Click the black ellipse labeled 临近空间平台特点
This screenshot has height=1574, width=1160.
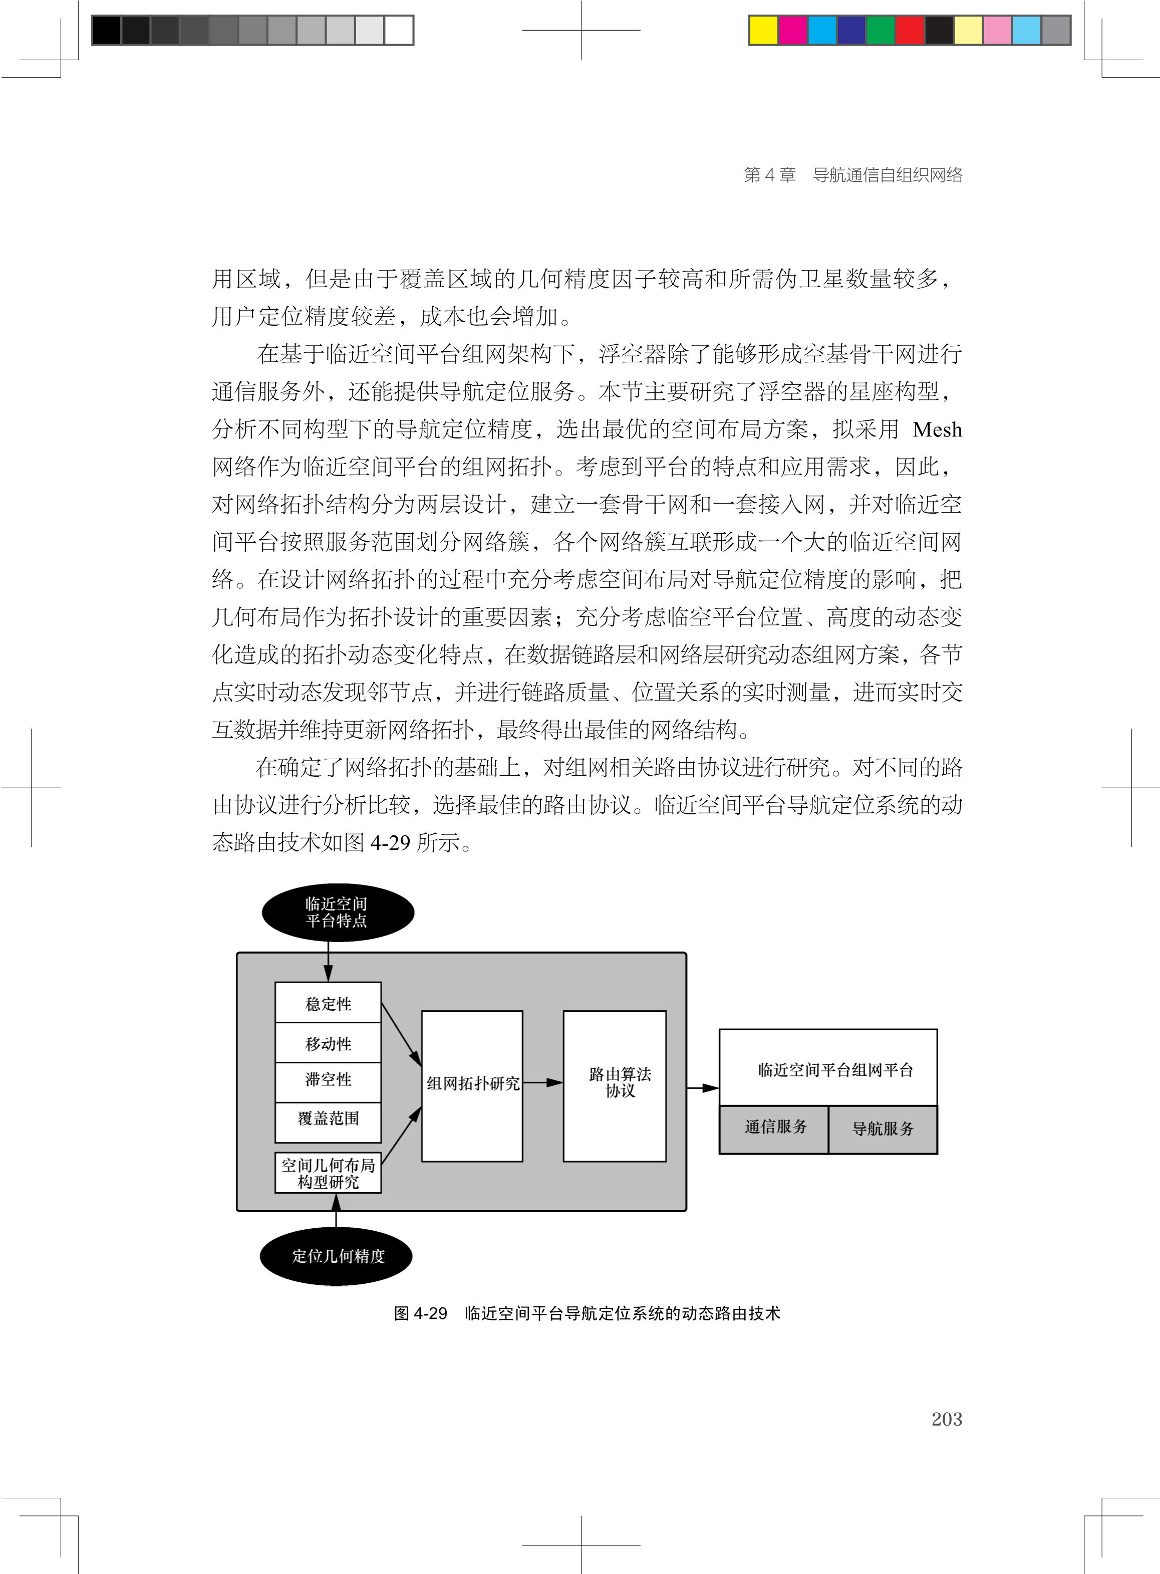tap(338, 912)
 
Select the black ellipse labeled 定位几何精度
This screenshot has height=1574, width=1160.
tap(336, 1255)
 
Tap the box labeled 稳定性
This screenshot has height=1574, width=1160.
tap(328, 1003)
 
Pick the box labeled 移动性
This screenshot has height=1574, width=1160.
tap(328, 1043)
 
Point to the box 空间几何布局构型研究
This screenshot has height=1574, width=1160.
tap(328, 1173)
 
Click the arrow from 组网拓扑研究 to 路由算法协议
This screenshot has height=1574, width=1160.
tap(543, 1082)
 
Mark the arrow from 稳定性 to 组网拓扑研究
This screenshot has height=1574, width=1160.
tap(401, 1033)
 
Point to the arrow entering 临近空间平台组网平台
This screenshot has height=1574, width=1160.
tap(702, 1088)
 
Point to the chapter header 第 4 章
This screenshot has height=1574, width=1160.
tap(770, 175)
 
